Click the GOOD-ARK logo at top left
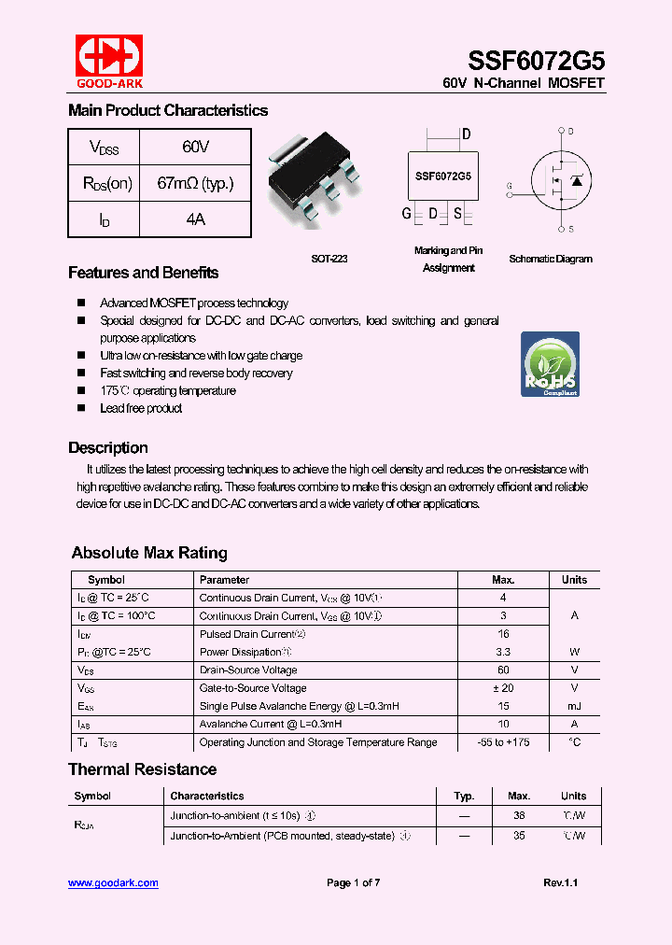pos(109,63)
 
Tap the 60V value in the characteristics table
pos(195,148)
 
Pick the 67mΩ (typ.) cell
pos(195,183)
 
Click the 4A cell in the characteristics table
pos(195,219)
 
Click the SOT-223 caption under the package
pos(329,259)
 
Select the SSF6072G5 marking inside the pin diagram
pos(442,176)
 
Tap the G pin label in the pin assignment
pos(407,214)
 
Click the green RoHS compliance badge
pos(550,364)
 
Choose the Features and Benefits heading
pos(143,273)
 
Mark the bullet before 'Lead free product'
pos(80,408)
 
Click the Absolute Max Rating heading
pos(149,553)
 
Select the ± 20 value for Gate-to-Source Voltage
pos(503,688)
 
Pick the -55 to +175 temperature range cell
pos(503,742)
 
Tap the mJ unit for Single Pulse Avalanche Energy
pos(574,706)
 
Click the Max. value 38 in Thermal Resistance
pos(518,815)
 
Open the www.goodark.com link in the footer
pos(113,883)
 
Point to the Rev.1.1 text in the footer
pos(560,883)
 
